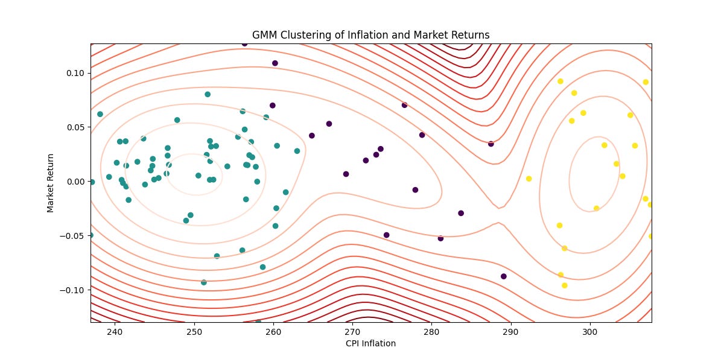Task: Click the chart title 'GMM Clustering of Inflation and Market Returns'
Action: [x=370, y=35]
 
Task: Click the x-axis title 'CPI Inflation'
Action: [x=370, y=343]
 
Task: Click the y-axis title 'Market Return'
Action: [x=51, y=182]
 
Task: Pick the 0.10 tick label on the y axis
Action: [x=75, y=73]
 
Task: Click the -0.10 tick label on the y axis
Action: [x=72, y=290]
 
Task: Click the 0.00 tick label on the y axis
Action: [x=75, y=182]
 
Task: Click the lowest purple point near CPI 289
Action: [x=504, y=276]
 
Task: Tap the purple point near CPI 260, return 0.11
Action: [x=275, y=63]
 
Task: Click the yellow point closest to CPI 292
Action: [x=529, y=179]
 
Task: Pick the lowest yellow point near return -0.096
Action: [x=565, y=285]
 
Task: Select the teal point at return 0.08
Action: [x=208, y=94]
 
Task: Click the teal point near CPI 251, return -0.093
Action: [x=204, y=282]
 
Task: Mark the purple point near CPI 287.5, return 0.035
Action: [x=491, y=144]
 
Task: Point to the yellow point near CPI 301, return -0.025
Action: [x=597, y=208]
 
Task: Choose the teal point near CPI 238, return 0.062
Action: [x=100, y=114]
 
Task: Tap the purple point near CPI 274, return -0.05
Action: [x=387, y=235]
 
